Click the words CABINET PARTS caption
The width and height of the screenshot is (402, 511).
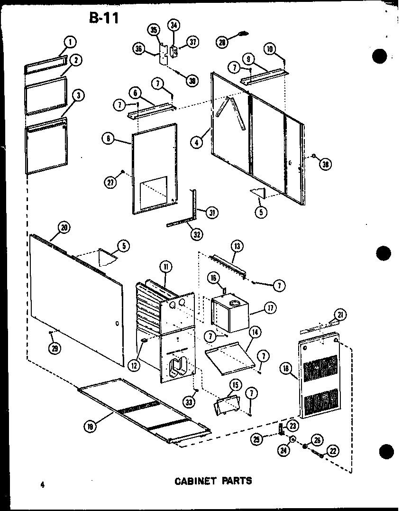coord(213,481)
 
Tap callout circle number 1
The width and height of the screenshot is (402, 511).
coord(70,42)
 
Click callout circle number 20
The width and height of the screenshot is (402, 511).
coord(64,227)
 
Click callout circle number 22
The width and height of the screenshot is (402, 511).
coord(334,451)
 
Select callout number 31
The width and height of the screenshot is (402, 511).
coord(212,213)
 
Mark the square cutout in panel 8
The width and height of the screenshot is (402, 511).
coord(155,186)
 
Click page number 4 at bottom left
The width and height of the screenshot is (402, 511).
coord(42,484)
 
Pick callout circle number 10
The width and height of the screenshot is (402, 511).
coord(270,48)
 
